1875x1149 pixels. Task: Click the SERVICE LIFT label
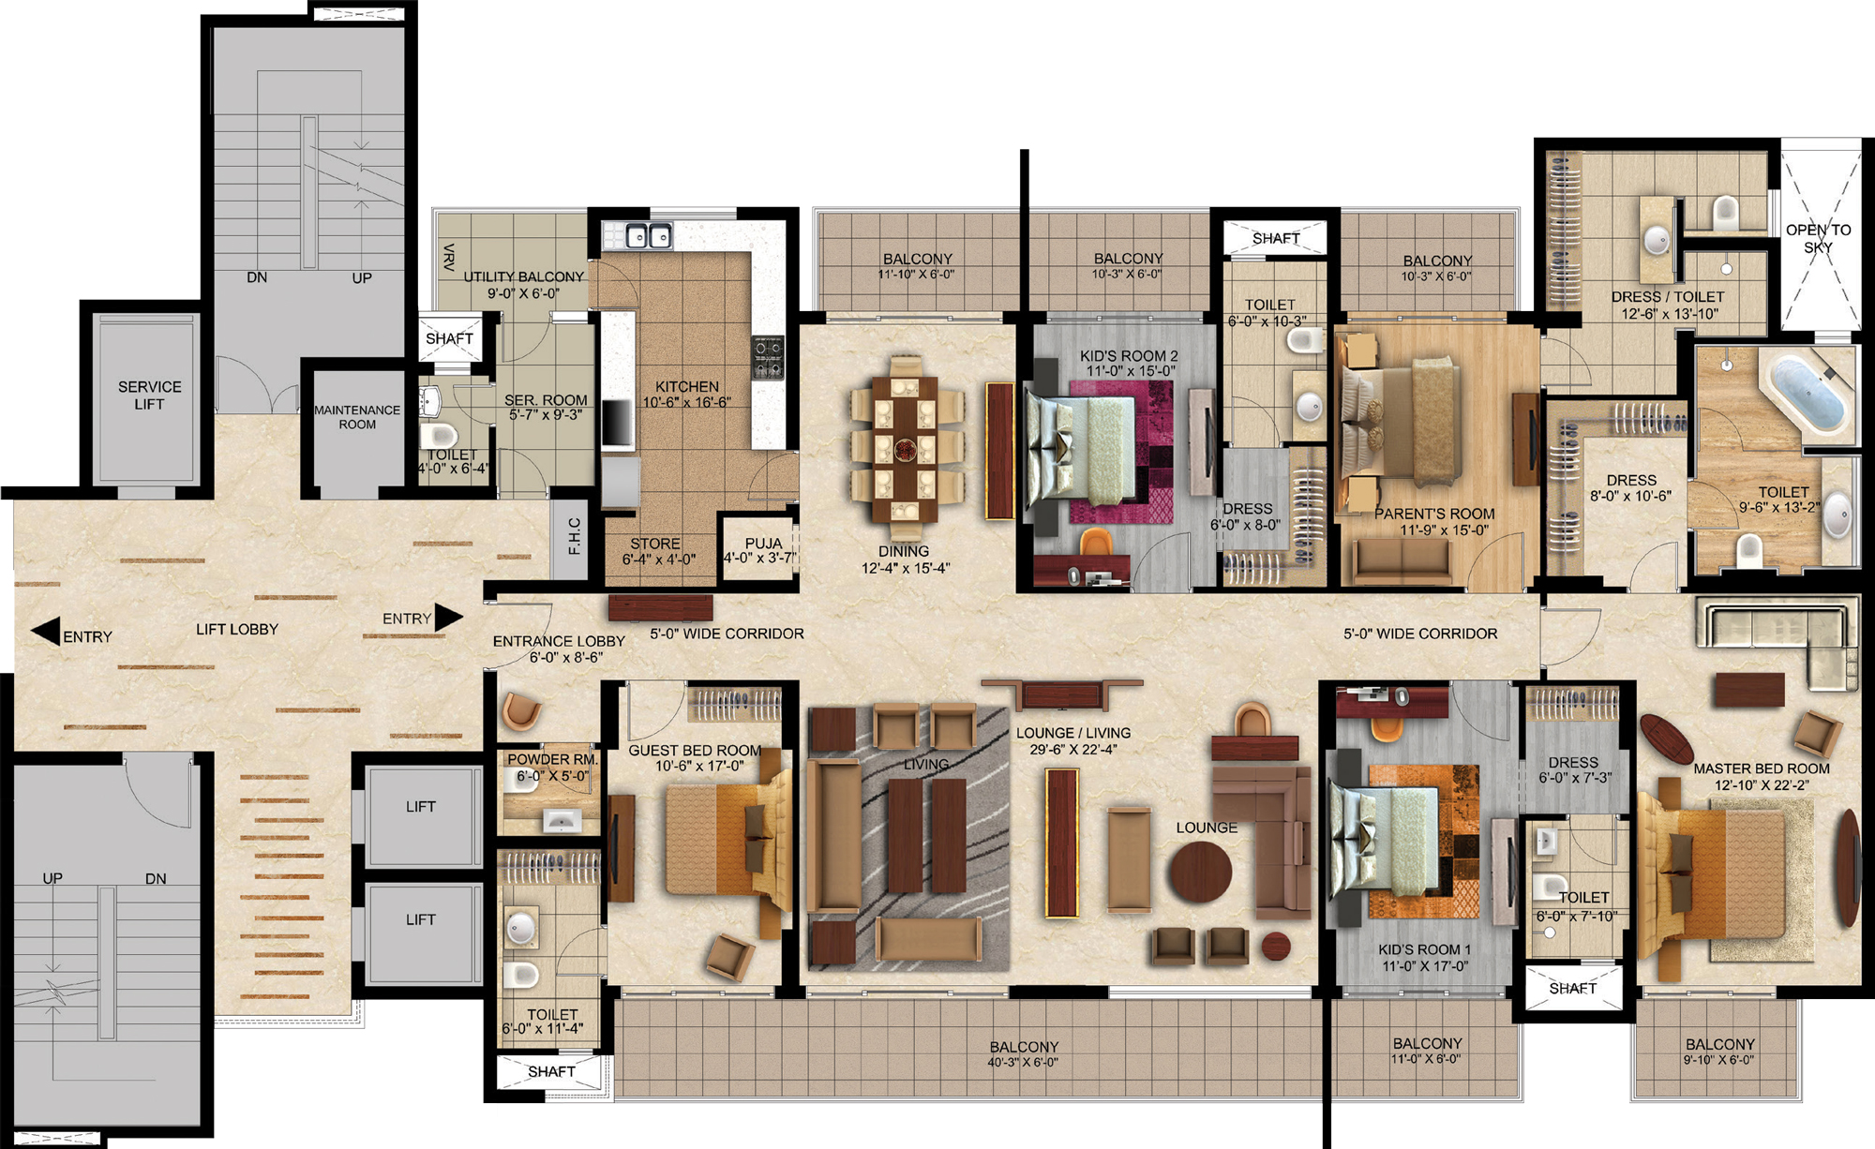click(149, 395)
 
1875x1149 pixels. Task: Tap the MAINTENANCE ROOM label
click(357, 417)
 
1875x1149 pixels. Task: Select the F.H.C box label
click(575, 536)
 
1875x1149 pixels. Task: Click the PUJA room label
click(763, 544)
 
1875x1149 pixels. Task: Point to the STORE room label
click(655, 544)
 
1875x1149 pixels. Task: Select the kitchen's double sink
click(649, 235)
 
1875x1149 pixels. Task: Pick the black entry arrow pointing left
click(45, 632)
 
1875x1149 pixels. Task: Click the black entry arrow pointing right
click(448, 618)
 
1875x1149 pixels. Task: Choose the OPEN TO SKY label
click(1818, 238)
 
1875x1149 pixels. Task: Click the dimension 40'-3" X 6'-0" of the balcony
click(1023, 1063)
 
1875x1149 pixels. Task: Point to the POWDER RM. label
click(552, 759)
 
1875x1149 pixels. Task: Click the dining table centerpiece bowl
click(905, 449)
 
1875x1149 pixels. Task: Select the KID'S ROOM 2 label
click(1129, 356)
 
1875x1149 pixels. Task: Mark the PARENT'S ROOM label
click(1434, 514)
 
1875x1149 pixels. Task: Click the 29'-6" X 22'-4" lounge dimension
click(1073, 750)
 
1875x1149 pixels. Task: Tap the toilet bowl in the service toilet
click(439, 437)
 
